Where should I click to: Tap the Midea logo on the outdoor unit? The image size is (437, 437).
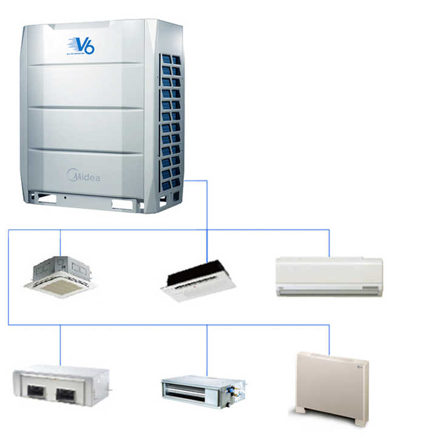[83, 176]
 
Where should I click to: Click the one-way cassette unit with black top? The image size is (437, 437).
[198, 280]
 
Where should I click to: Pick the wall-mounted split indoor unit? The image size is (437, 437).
[329, 277]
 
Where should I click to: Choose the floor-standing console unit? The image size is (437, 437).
[333, 387]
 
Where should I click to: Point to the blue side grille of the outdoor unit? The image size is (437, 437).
[171, 121]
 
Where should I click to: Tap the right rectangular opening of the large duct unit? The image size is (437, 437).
[65, 395]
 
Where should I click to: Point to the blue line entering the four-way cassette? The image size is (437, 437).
[60, 243]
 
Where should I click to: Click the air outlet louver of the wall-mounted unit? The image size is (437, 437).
[329, 290]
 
